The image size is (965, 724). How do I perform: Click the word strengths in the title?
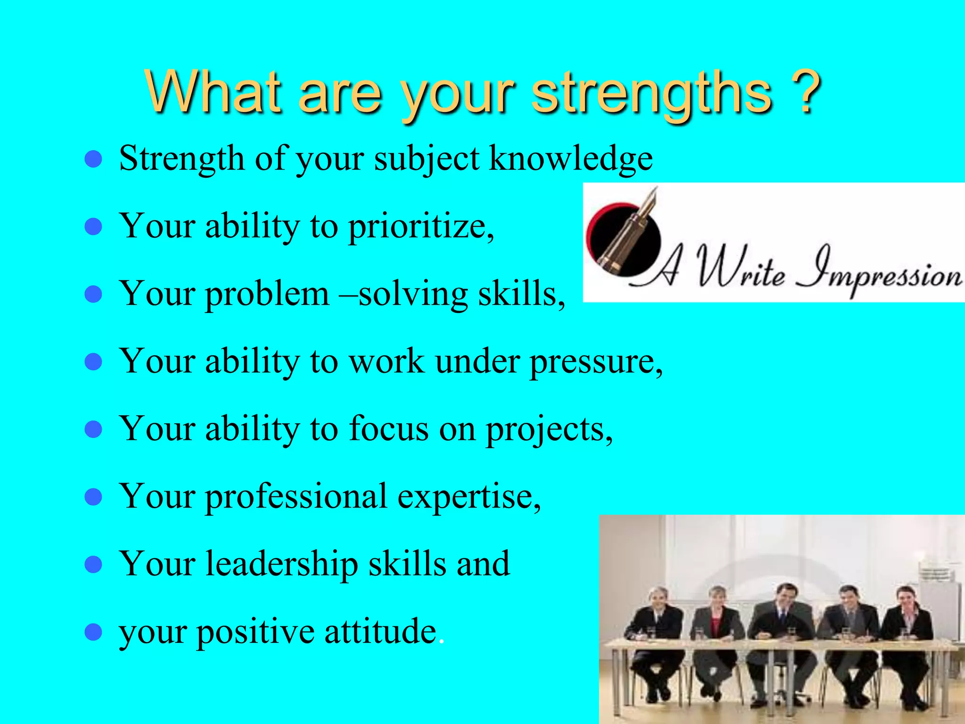pyautogui.click(x=653, y=93)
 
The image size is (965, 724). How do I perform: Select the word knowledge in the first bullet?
pyautogui.click(x=571, y=158)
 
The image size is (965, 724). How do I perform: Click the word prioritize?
pyautogui.click(x=420, y=227)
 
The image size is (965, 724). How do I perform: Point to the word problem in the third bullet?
pyautogui.click(x=267, y=294)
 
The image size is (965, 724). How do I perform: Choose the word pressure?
pyautogui.click(x=596, y=362)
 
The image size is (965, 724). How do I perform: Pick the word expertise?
pyautogui.click(x=468, y=497)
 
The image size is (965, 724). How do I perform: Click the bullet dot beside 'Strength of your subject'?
pyautogui.click(x=93, y=160)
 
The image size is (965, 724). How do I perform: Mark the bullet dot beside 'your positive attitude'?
pyautogui.click(x=93, y=632)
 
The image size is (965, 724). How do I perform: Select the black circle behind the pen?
pyautogui.click(x=613, y=231)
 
